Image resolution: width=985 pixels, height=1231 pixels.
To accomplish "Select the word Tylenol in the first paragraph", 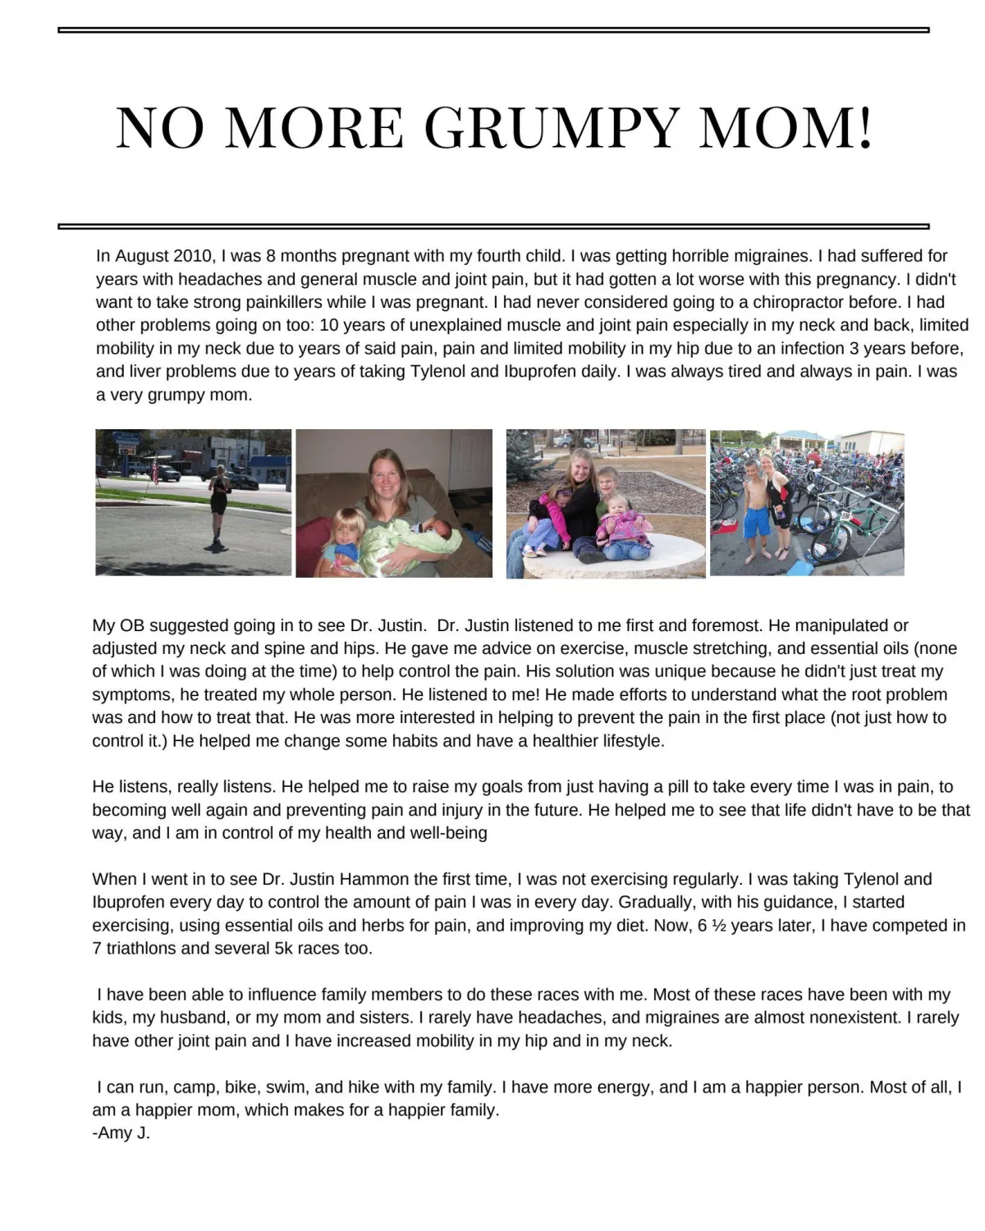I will (438, 371).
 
